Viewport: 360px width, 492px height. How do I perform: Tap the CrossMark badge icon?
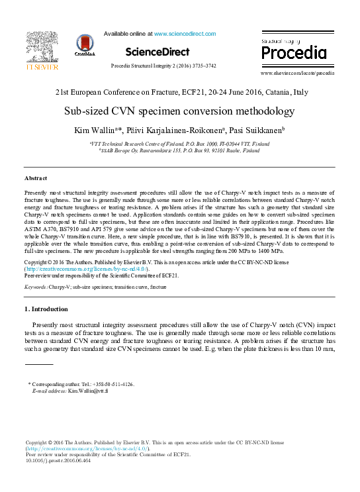click(x=85, y=45)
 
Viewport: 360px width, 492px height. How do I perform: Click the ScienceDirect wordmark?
click(x=157, y=52)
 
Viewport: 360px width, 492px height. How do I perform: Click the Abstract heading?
click(x=36, y=179)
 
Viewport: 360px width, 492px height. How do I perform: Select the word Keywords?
click(x=36, y=287)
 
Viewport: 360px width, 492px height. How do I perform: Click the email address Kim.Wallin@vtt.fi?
click(x=88, y=391)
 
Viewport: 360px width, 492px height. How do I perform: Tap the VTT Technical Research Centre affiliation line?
click(x=179, y=143)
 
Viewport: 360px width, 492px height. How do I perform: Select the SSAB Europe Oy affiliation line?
click(x=179, y=150)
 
